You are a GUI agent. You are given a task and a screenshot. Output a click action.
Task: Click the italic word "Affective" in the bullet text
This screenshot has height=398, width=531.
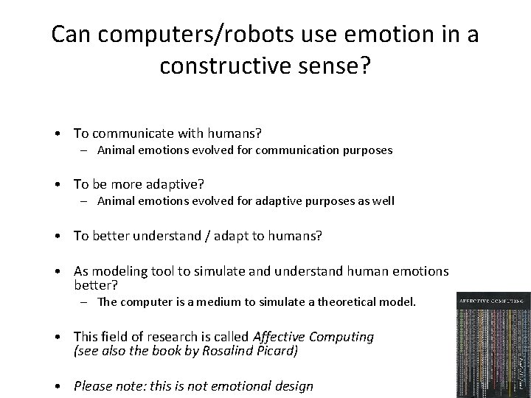pyautogui.click(x=277, y=337)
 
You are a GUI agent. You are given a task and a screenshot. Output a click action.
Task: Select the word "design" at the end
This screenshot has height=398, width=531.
pyautogui.click(x=294, y=386)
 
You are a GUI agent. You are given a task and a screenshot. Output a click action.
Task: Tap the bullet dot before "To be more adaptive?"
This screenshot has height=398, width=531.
pyautogui.click(x=57, y=184)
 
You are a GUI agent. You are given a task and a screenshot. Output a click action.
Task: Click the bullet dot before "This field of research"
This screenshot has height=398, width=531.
pyautogui.click(x=57, y=338)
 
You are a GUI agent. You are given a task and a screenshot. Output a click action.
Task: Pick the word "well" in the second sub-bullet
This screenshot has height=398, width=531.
pyautogui.click(x=383, y=200)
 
